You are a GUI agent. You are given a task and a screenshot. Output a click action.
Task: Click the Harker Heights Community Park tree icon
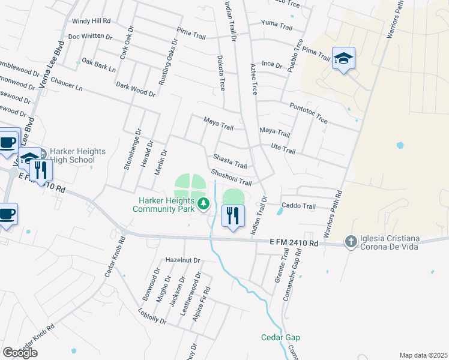[x=203, y=204]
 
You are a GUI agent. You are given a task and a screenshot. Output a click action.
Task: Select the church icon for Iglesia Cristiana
[x=351, y=241]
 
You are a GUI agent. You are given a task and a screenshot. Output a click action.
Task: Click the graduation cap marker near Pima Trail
[x=343, y=58]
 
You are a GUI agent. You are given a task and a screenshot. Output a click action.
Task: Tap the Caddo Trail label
[x=299, y=206]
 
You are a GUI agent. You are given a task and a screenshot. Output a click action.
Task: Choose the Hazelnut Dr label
[x=183, y=260]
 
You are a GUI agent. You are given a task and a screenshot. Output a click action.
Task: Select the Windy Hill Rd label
[x=91, y=20]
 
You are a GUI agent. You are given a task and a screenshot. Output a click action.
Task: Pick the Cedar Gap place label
[x=280, y=337]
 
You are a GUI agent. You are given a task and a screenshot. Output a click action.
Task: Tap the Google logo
[x=20, y=352]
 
